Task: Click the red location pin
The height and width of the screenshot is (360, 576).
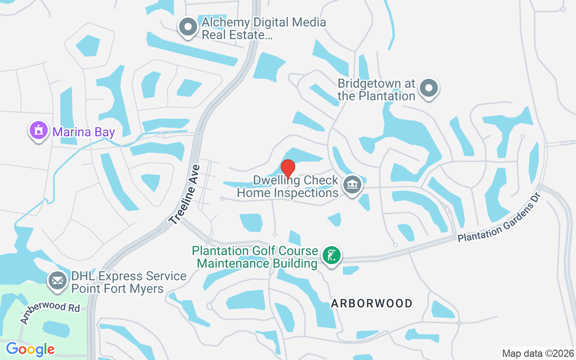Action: [288, 169]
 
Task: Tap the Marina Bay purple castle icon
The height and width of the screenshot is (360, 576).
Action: [38, 131]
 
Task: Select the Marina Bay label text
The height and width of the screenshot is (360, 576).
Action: [84, 132]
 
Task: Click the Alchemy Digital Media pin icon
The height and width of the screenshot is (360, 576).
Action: [188, 27]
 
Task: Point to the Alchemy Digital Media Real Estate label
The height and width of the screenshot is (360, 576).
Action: [264, 28]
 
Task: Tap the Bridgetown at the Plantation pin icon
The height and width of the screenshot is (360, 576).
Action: [429, 88]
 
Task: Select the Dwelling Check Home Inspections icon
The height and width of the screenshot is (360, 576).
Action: [352, 185]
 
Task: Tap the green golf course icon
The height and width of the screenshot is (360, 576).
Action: [332, 256]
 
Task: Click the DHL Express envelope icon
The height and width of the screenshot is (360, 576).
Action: [57, 280]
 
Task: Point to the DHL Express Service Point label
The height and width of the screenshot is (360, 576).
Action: [129, 282]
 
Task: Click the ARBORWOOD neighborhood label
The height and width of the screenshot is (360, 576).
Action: [372, 303]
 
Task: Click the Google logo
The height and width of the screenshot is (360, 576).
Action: [30, 349]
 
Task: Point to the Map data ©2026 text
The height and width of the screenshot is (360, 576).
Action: [538, 353]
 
